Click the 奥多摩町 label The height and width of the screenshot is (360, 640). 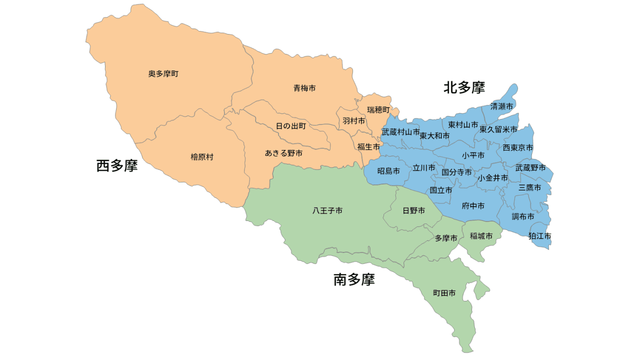point(163,74)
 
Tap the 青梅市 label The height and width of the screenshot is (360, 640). point(304,88)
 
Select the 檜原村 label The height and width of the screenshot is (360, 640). point(202,157)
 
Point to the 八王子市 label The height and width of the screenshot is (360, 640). point(327,211)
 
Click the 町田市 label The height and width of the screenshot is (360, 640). point(444,293)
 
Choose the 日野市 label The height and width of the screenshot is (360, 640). point(414,211)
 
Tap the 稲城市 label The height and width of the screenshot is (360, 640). point(481,236)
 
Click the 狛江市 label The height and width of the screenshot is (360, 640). point(540,236)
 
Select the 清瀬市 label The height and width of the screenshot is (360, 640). point(501,106)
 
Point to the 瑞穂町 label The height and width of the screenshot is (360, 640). point(378,109)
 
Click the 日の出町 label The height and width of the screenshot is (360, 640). point(291,126)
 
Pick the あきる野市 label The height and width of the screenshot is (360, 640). point(283,153)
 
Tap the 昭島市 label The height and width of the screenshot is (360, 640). point(388,171)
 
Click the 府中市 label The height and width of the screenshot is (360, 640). point(473,206)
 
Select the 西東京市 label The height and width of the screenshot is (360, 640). point(517,148)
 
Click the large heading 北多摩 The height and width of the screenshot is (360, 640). point(464,88)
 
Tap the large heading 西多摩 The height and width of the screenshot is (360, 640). point(117,166)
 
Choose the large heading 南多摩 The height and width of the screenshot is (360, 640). point(354,280)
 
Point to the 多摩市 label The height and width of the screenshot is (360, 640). point(446,238)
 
